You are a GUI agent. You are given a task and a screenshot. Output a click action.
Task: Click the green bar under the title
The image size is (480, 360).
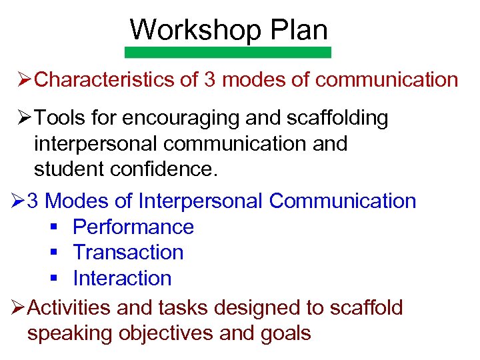click(x=229, y=52)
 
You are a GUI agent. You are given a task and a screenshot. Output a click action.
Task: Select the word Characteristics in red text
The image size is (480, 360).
click(x=105, y=80)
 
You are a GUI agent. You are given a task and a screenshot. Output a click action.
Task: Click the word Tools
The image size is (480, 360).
click(x=58, y=118)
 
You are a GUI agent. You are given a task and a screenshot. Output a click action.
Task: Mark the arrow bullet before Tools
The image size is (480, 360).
click(x=25, y=119)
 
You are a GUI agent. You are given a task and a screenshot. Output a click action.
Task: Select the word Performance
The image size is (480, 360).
click(x=133, y=227)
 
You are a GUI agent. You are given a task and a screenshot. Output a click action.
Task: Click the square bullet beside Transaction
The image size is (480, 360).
click(x=54, y=253)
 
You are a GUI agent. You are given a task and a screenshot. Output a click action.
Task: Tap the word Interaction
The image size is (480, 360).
click(x=122, y=278)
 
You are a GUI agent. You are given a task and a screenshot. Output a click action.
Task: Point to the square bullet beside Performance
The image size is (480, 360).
click(x=54, y=227)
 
